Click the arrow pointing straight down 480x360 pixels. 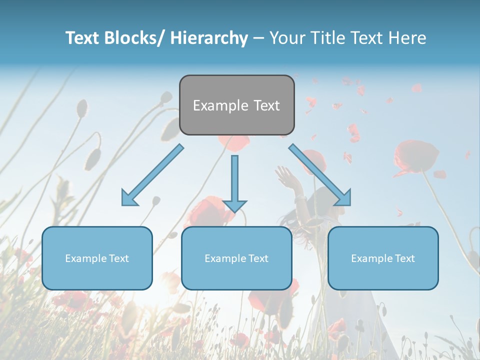click(x=234, y=182)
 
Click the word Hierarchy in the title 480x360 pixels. click(x=209, y=38)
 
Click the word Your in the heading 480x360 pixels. click(x=287, y=38)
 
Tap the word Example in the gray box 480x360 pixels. click(x=220, y=105)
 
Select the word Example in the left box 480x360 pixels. click(x=86, y=258)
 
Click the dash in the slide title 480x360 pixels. click(x=259, y=38)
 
